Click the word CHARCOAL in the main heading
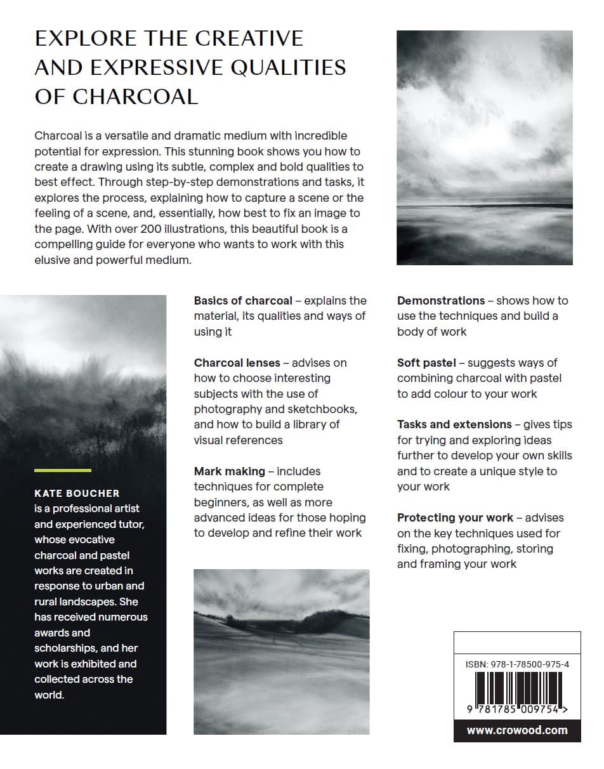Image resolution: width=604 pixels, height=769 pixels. point(135,96)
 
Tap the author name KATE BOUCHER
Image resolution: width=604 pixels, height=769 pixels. point(77,493)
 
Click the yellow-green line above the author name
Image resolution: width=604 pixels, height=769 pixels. point(62,470)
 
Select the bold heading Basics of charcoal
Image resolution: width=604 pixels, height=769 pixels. point(243,301)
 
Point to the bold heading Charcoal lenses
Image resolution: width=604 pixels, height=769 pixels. point(237,363)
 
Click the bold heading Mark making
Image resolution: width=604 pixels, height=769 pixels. point(229,471)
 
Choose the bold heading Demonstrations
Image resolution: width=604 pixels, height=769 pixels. point(441,301)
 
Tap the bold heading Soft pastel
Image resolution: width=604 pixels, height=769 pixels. point(426,363)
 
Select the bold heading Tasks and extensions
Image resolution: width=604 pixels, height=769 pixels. point(454,424)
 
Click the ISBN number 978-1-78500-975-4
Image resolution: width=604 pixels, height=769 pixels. point(517,664)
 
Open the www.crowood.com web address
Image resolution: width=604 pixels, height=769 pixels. point(517,730)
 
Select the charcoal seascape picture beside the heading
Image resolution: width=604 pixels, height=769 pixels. point(484,147)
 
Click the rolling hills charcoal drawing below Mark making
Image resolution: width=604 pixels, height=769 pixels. point(281,652)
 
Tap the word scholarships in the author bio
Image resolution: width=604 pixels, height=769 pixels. point(64,648)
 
